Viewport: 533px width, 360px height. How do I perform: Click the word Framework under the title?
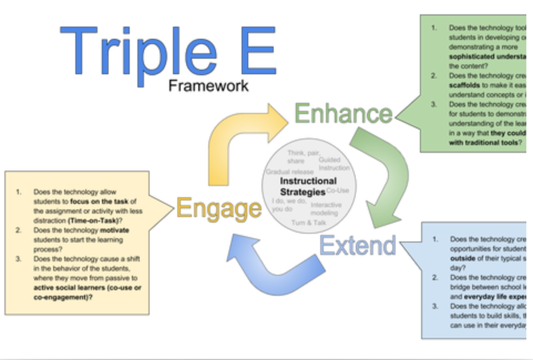click(208, 85)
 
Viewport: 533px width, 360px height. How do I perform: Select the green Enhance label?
click(344, 114)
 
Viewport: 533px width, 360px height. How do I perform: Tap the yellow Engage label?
click(219, 208)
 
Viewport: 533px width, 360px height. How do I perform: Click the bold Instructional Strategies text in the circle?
click(308, 187)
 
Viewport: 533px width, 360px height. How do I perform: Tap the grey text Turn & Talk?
click(309, 223)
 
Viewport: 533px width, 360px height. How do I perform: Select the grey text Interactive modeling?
click(326, 209)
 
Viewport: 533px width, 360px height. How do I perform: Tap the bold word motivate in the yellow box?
click(114, 229)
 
